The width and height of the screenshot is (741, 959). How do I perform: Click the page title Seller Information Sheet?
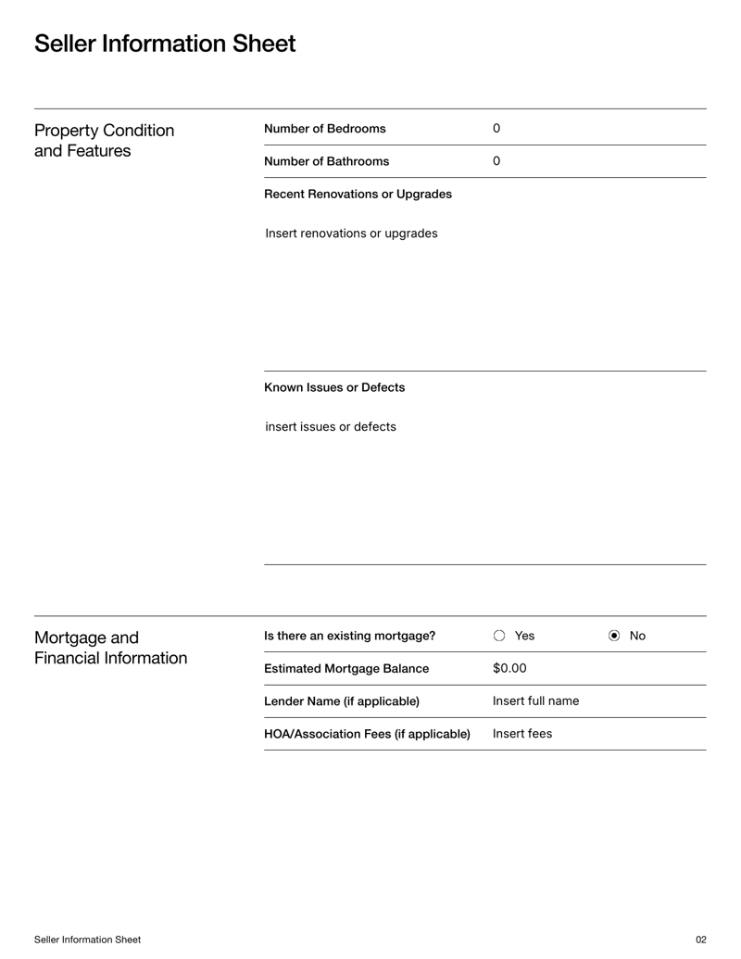click(x=165, y=44)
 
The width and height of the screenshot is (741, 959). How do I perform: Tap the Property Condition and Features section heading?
click(x=104, y=140)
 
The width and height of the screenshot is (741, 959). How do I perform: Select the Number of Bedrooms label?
click(x=324, y=128)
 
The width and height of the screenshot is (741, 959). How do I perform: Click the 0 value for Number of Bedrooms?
click(x=496, y=128)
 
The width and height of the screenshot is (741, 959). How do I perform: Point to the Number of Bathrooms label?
click(x=326, y=161)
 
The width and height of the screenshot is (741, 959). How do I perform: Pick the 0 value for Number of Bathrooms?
click(x=496, y=161)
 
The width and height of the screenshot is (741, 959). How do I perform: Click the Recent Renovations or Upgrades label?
click(x=358, y=195)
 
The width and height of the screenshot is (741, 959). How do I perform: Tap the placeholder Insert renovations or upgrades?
click(x=351, y=233)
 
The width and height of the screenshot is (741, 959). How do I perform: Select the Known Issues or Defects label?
click(x=334, y=387)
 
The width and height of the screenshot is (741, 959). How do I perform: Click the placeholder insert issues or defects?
click(x=331, y=426)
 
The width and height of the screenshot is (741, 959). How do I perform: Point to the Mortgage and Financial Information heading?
click(x=110, y=648)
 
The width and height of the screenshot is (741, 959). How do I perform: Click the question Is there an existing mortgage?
click(x=349, y=636)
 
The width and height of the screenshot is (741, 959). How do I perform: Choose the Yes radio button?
click(x=500, y=636)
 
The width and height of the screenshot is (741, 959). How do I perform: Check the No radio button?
click(x=614, y=636)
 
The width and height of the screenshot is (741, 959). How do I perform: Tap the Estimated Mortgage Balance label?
click(x=346, y=668)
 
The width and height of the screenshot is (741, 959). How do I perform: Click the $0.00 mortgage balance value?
click(x=509, y=668)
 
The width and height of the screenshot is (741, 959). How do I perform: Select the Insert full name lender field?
click(x=535, y=700)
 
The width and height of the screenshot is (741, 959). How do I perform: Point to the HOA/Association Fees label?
click(x=367, y=734)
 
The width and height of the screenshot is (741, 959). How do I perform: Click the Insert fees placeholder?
click(x=521, y=734)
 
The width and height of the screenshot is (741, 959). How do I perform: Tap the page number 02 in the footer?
click(x=700, y=940)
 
